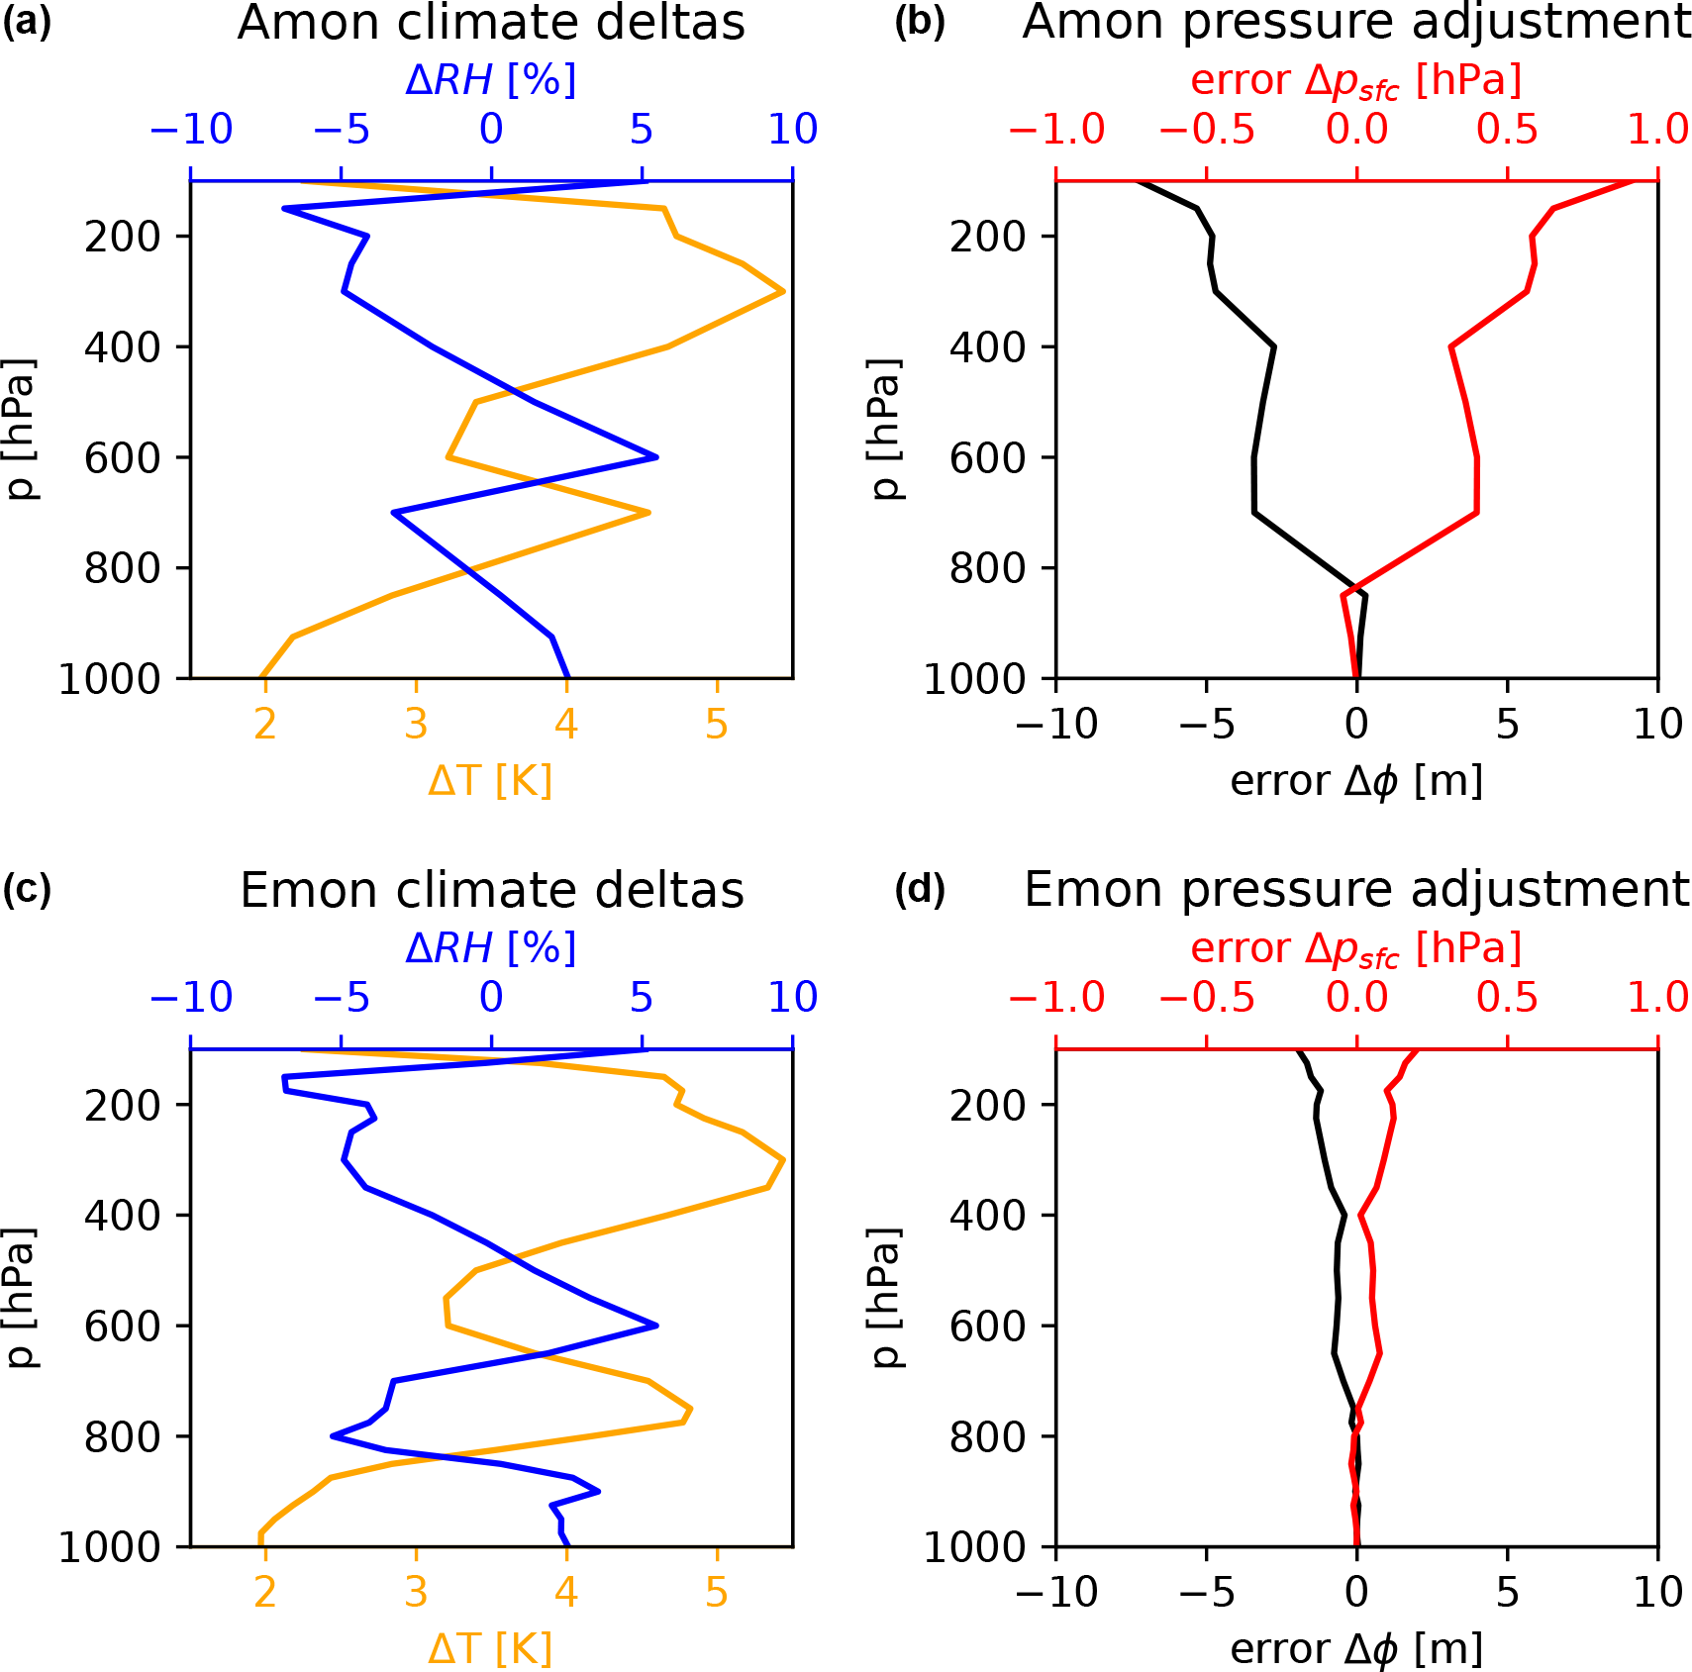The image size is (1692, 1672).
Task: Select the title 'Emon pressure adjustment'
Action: [x=1356, y=889]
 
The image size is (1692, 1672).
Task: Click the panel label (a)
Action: [x=27, y=21]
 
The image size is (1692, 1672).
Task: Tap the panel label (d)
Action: [x=920, y=889]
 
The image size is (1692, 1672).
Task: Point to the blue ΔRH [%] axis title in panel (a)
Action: [x=491, y=79]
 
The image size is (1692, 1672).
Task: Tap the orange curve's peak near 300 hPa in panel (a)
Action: [x=783, y=291]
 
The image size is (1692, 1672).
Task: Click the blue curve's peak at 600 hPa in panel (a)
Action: [x=656, y=456]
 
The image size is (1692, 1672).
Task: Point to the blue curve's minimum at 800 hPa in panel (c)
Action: [x=333, y=1435]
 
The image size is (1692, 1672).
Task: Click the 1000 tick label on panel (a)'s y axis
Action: [x=110, y=679]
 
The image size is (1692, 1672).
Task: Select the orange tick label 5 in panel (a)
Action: [x=717, y=725]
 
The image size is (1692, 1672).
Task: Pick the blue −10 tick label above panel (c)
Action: [x=191, y=997]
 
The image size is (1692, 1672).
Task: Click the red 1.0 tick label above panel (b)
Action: [x=1657, y=129]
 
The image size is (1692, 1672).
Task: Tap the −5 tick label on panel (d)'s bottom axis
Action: [x=1207, y=1593]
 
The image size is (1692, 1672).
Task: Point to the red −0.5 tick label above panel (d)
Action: [x=1207, y=997]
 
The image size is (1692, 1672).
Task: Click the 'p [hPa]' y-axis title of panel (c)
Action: [x=20, y=1297]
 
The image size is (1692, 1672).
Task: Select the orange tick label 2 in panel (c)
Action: [x=264, y=1593]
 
